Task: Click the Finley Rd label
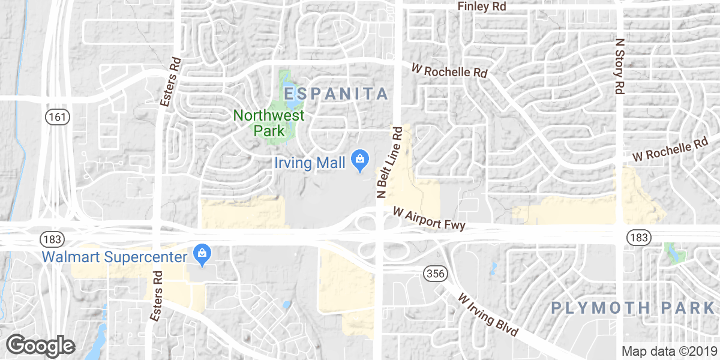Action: click(x=482, y=7)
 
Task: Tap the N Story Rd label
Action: click(x=620, y=66)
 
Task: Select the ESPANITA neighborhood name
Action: click(x=336, y=94)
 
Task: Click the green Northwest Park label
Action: click(x=268, y=122)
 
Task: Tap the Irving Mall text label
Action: click(x=310, y=163)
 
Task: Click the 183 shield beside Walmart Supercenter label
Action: click(x=50, y=239)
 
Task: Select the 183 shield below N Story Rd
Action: click(x=638, y=238)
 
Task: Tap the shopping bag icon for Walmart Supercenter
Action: click(x=202, y=256)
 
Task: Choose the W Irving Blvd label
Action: click(x=488, y=315)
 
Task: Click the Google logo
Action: click(x=40, y=346)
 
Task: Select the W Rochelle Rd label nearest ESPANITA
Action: click(x=449, y=71)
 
